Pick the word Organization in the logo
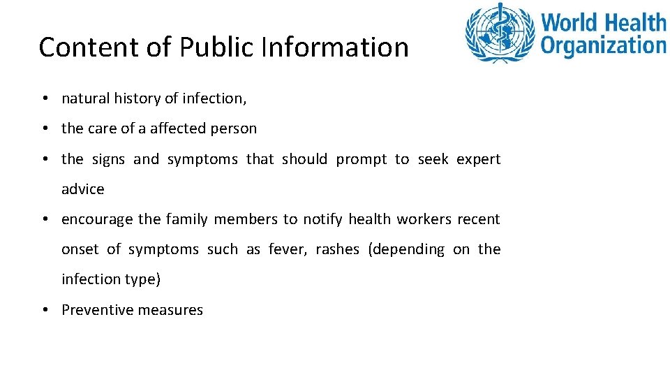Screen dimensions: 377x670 [604, 46]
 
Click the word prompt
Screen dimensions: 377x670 [361, 160]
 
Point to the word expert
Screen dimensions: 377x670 [478, 160]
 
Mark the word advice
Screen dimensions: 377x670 [82, 189]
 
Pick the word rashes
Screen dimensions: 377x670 [338, 250]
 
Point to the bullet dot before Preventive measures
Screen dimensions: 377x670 [43, 310]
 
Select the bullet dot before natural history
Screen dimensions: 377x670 [43, 99]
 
